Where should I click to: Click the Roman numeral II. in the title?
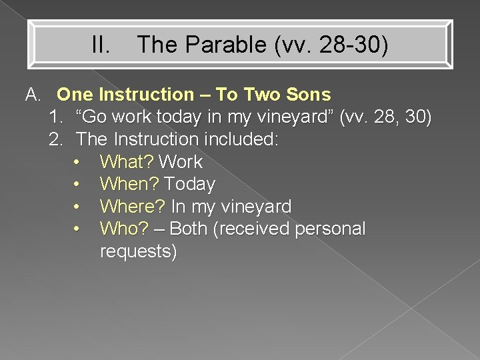point(101,45)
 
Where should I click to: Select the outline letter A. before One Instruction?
point(33,95)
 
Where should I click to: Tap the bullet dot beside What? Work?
point(78,162)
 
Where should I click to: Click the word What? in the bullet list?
point(127,162)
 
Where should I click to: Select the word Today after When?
point(189,184)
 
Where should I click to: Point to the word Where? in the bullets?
point(133,207)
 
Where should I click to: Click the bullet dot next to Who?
point(78,229)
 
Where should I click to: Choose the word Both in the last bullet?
point(189,229)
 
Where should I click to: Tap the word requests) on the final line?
point(138,252)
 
